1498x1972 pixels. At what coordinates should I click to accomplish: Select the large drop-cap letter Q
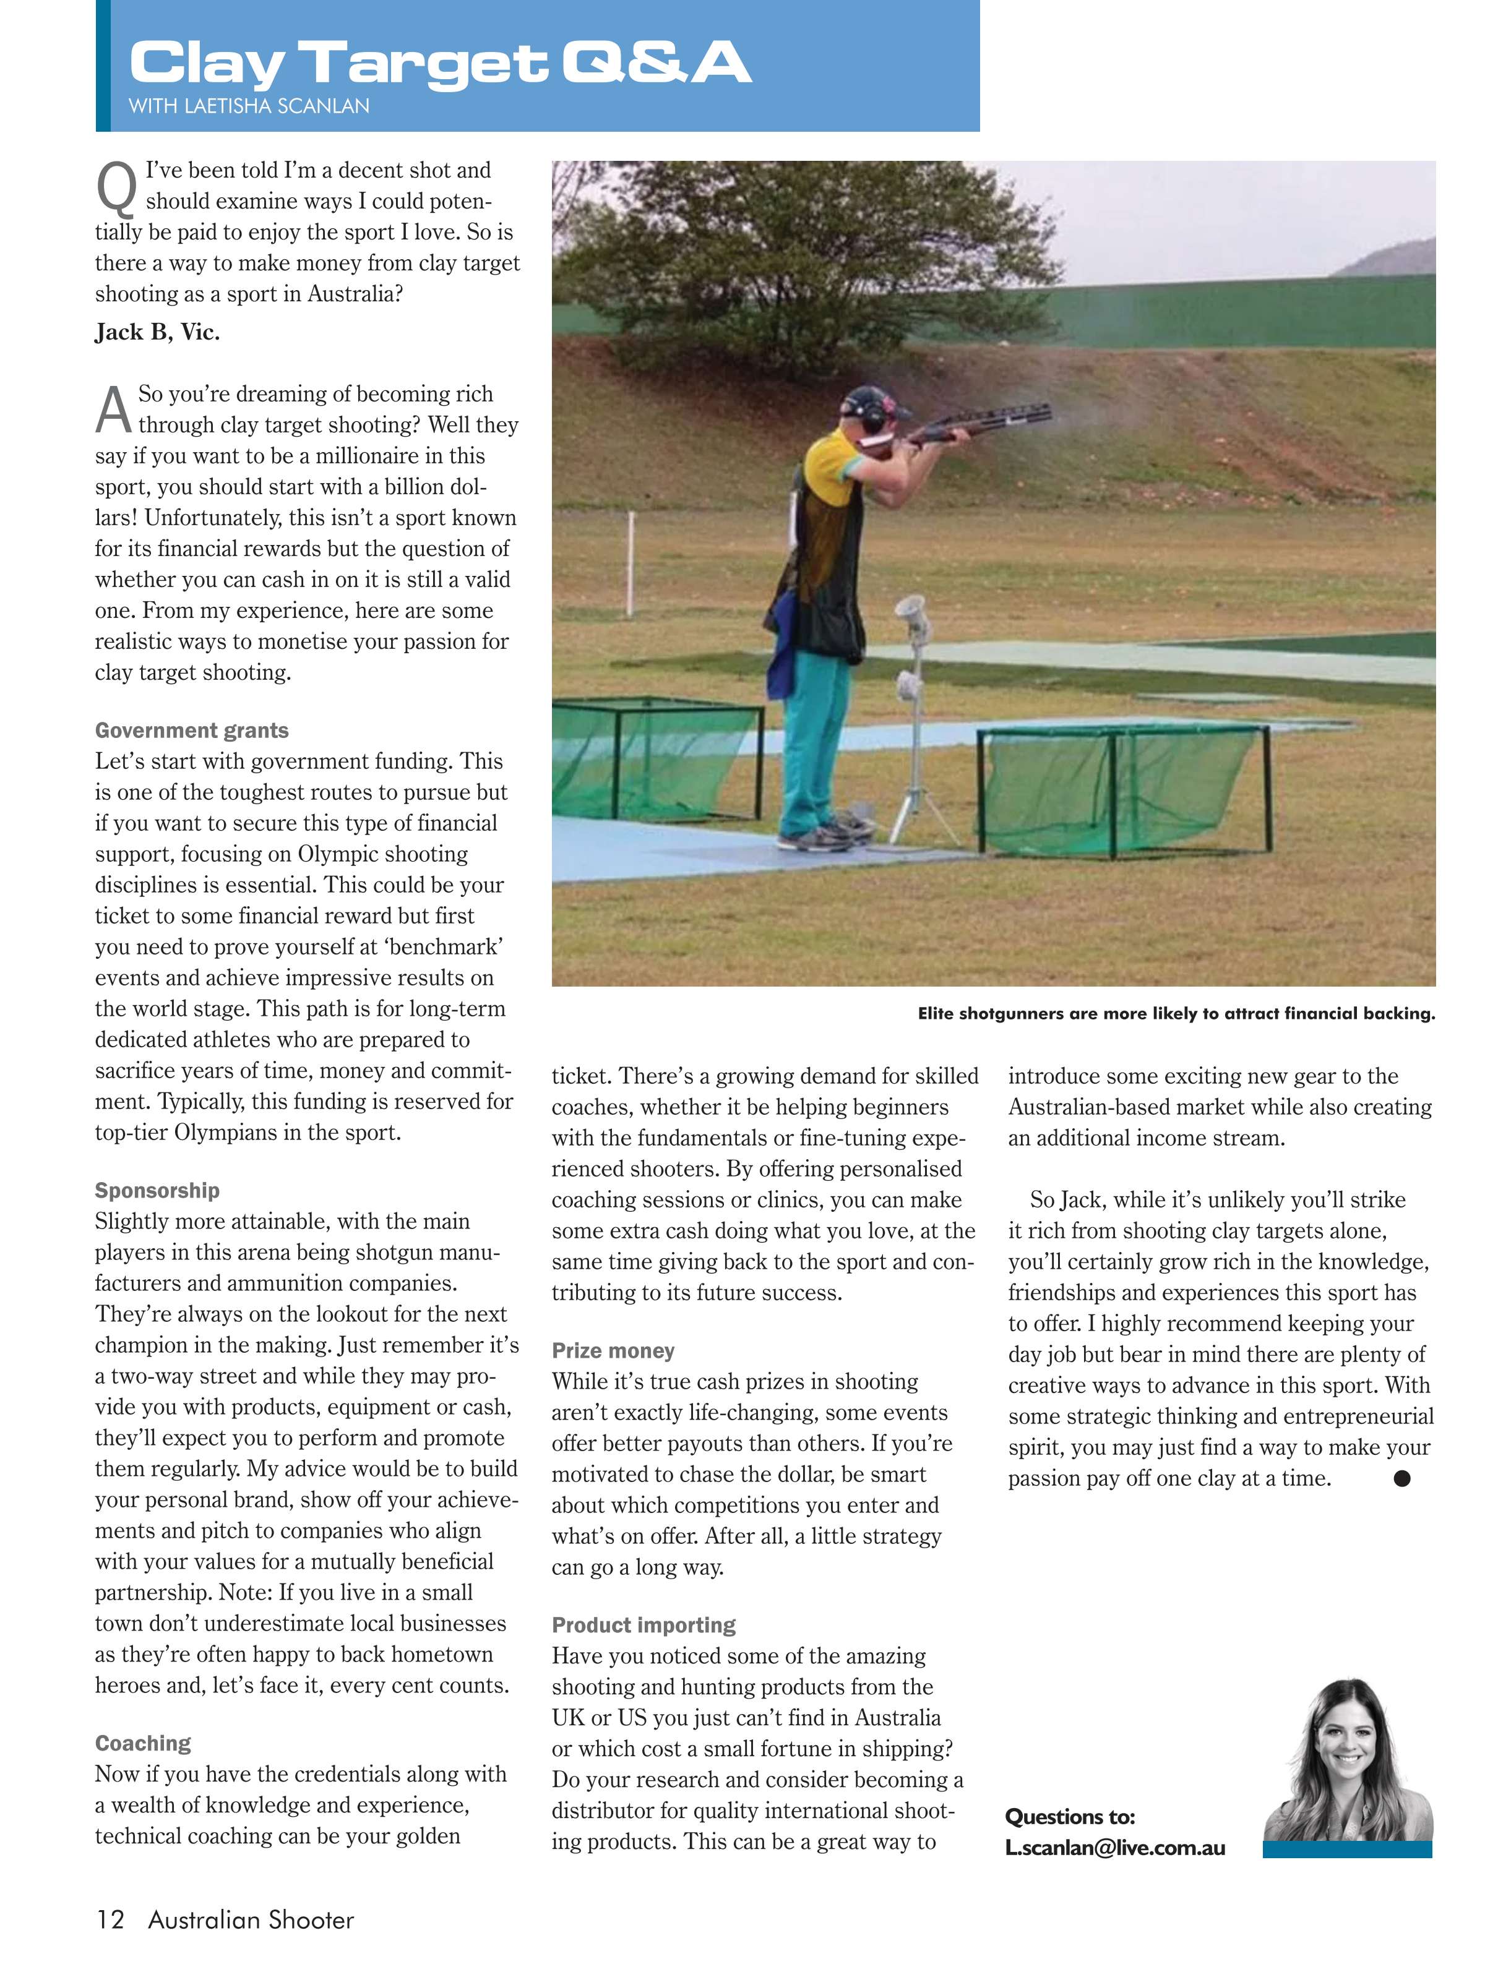point(116,188)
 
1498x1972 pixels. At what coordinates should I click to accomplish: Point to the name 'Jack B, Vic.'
point(157,333)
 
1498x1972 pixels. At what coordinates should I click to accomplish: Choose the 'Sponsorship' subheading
point(157,1190)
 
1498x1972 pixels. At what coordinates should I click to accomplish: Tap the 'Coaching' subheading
point(143,1743)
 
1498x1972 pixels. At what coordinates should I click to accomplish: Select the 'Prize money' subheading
point(613,1350)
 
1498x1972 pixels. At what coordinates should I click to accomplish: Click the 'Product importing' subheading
point(643,1625)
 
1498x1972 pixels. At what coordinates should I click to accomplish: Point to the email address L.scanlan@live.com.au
point(1114,1848)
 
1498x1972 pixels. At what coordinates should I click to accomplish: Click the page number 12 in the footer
point(111,1919)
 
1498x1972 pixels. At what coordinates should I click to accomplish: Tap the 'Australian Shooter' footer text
point(251,1919)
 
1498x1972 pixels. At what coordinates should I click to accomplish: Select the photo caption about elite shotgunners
point(1176,1014)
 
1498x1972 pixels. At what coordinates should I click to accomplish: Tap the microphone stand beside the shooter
point(914,713)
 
